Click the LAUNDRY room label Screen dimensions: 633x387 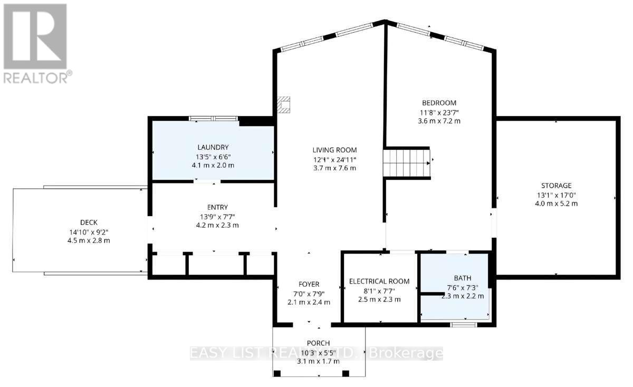(213, 147)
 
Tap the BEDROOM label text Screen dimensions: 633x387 (439, 103)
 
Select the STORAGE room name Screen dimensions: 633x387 (556, 186)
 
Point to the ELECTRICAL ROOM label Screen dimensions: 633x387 (379, 282)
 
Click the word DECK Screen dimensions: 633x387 (89, 222)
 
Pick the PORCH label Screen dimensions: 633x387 (318, 343)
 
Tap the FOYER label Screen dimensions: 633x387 (309, 284)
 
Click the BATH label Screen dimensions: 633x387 (463, 278)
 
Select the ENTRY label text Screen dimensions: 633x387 (217, 207)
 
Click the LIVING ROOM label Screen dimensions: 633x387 (334, 150)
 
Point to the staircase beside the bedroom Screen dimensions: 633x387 (406, 163)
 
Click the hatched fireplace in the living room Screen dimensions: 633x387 (283, 105)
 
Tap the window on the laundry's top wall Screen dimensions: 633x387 (213, 119)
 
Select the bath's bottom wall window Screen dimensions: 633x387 (464, 325)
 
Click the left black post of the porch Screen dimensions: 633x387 (277, 373)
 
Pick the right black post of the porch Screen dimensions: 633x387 (346, 373)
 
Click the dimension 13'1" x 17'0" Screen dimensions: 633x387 (556, 195)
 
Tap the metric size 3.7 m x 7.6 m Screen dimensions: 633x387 (334, 168)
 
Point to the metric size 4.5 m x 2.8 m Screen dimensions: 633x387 (89, 240)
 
